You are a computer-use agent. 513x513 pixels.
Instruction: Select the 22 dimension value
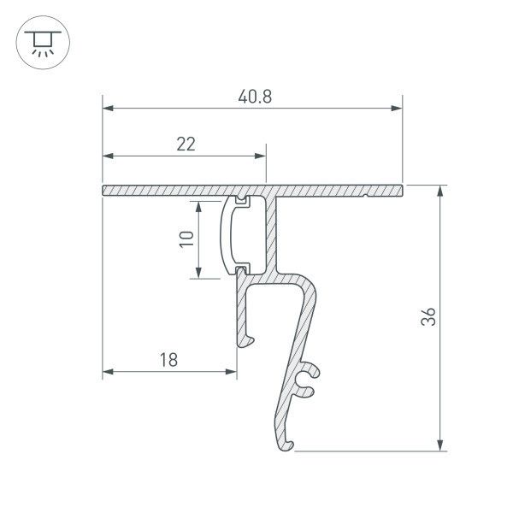click(186, 144)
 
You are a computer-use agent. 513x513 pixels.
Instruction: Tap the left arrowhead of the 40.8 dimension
click(108, 109)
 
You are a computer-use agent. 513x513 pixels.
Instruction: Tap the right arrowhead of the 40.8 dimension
click(397, 109)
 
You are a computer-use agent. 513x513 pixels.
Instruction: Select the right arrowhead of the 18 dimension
click(232, 373)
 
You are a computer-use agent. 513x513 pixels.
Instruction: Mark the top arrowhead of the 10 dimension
click(199, 206)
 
